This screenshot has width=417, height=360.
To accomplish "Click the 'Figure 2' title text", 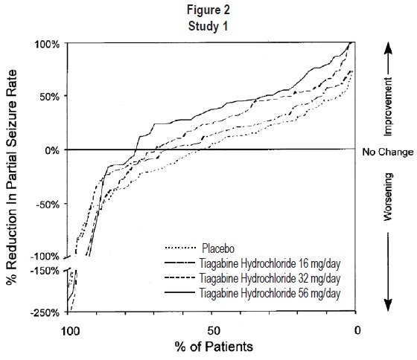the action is [x=208, y=10].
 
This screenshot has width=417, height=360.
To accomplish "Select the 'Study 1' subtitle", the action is [x=208, y=26].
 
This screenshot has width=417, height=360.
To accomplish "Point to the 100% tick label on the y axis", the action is [x=47, y=44].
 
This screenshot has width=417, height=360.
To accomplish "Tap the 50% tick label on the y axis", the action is [x=49, y=97].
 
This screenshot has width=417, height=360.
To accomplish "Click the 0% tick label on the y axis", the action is [x=52, y=151].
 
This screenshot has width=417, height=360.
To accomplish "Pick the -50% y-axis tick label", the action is [x=48, y=205].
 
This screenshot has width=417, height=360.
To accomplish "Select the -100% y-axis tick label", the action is [x=45, y=257].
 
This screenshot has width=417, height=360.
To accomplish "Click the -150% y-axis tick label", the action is [x=45, y=271].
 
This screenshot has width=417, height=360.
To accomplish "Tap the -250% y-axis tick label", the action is [x=45, y=312].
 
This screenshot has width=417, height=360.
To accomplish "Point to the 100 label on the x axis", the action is [x=71, y=331].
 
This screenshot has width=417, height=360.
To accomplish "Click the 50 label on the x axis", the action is [x=214, y=331].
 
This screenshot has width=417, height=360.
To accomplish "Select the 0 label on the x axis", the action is [x=357, y=330].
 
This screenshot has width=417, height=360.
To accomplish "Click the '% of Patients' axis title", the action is [x=214, y=347].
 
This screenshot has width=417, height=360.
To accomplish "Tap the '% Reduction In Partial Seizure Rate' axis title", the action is [x=11, y=177].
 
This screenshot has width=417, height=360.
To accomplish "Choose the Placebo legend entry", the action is [x=200, y=248].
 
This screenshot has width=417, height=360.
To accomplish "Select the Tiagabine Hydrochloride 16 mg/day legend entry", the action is [x=252, y=263].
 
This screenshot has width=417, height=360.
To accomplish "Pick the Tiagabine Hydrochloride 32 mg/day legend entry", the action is [x=252, y=278].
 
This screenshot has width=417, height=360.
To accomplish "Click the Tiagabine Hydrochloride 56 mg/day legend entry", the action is [x=252, y=293].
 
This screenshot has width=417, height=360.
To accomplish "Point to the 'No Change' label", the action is [x=388, y=152].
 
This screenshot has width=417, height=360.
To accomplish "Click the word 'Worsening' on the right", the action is [x=388, y=197].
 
